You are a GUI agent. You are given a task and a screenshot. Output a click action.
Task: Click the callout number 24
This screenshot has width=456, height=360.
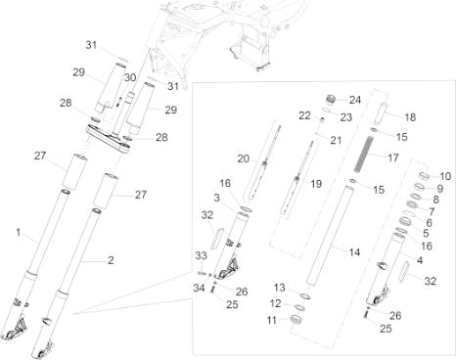355,100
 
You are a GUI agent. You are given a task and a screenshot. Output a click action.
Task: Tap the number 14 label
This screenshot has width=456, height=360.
354,252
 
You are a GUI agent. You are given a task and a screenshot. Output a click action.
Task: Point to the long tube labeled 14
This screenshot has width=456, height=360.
330,235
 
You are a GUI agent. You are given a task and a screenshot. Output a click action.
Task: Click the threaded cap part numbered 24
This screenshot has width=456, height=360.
331,99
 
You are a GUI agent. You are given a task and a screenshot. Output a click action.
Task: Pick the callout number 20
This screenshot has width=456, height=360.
244,158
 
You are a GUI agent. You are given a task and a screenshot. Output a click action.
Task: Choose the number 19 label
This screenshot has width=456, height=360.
316,184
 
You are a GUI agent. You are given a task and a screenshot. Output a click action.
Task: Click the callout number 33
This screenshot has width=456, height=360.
202,255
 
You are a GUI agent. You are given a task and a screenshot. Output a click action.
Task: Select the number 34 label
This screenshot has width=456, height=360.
199,288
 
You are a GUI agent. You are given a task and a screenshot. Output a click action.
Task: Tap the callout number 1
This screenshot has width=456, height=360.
19,233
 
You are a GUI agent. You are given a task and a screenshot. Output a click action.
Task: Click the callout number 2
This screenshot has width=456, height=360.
111,260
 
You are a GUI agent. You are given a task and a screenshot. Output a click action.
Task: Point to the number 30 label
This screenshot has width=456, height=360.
130,77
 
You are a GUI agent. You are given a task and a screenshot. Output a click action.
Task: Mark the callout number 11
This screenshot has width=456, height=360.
272,320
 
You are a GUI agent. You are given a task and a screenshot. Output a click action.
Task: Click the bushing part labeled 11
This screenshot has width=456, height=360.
296,319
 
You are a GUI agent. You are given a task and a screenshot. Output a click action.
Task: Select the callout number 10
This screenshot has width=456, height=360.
445,176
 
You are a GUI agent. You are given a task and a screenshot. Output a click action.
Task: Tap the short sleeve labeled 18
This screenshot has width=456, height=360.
380,113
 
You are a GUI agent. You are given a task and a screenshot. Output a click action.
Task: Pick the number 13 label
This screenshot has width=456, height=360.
279,288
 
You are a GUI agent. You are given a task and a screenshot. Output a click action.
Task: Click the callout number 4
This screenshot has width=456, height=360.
420,260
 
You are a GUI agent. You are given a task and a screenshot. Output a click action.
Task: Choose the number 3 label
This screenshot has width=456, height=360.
217,198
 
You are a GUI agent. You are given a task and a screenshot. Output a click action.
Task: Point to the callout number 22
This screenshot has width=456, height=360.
304,115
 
